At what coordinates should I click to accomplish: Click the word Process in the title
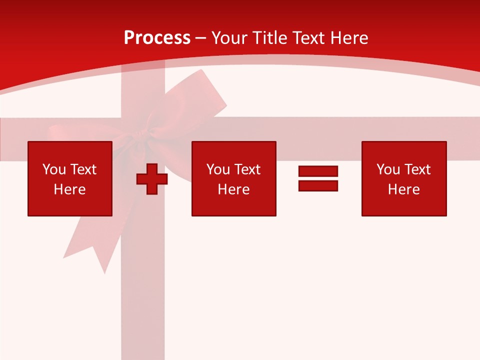(157, 38)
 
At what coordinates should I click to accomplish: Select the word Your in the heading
(229, 38)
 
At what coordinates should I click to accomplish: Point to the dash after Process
(200, 38)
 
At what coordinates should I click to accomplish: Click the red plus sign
(152, 179)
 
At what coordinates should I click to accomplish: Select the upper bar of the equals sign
(318, 171)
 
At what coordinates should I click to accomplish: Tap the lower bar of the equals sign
(318, 185)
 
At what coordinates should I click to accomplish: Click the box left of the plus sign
(70, 178)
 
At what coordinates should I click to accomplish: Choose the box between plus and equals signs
(233, 178)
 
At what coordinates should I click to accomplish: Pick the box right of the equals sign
(403, 178)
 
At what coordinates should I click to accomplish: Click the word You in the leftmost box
(54, 169)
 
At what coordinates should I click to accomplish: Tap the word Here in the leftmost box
(69, 189)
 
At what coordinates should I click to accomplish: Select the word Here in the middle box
(233, 189)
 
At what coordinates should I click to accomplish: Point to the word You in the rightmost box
(388, 169)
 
